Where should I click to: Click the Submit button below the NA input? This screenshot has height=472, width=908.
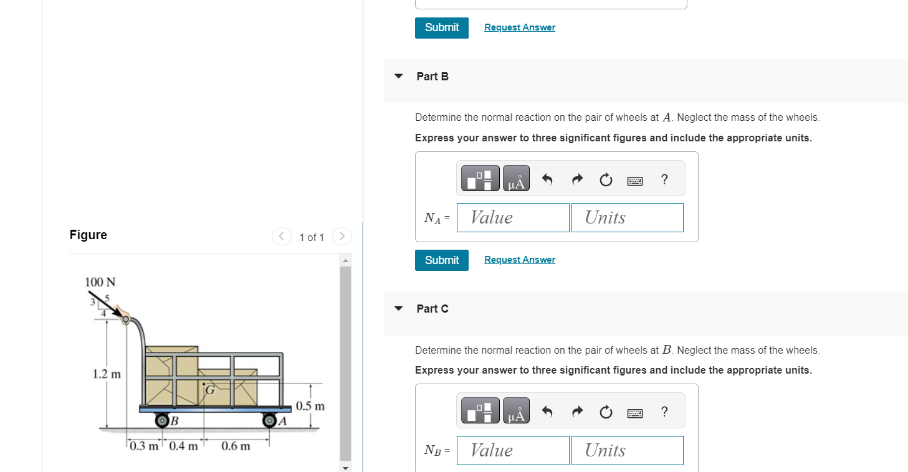pos(441,260)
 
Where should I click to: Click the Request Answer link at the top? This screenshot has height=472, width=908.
pos(520,27)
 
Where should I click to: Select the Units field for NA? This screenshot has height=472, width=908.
pos(627,217)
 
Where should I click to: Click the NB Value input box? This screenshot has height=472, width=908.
pos(513,450)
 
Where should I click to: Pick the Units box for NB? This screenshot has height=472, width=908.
pos(627,450)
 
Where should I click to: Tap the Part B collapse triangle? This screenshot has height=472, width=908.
pos(398,76)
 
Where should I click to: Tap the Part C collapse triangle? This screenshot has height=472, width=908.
pos(398,308)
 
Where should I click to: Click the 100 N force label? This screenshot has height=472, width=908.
pos(100,281)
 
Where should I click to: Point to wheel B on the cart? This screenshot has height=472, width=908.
pos(162,420)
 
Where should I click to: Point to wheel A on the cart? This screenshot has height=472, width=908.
pos(270,420)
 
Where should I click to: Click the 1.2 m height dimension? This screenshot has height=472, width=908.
pos(106,374)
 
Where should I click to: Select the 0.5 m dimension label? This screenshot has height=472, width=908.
pos(310,406)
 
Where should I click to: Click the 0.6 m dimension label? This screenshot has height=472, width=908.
pos(236,446)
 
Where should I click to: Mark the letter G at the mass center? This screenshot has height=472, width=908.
pos(209,390)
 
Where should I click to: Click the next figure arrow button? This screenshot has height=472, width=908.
pos(342,236)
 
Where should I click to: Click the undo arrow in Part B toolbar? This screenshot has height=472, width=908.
pos(547,179)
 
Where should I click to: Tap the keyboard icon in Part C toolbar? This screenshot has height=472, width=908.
pos(635,413)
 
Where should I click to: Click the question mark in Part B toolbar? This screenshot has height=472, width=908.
pos(664,179)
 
